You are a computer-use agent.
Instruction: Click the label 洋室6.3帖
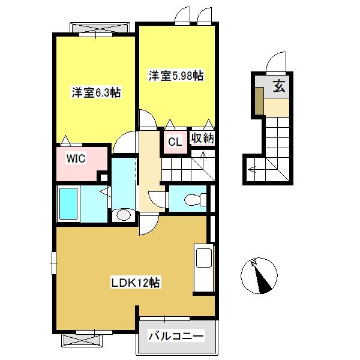pos(96,93)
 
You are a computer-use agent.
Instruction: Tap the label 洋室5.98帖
pos(176,76)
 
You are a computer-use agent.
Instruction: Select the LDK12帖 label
pos(136,283)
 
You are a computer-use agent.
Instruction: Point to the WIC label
pos(76,158)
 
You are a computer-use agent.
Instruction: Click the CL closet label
pos(175,142)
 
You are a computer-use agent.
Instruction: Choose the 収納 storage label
pos(203,138)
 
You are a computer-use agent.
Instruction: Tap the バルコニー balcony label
pos(176,337)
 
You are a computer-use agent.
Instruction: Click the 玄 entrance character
pos(279,87)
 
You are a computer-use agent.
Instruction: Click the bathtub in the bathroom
pos(68,203)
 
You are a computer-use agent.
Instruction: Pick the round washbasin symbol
pos(123,215)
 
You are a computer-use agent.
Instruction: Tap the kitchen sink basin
pos(204,258)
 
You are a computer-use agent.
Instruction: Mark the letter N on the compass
pos(254,263)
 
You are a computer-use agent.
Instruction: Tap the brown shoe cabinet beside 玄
pos(259,101)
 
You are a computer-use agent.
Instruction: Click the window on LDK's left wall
pos(54,263)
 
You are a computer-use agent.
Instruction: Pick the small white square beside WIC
pos(104,178)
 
